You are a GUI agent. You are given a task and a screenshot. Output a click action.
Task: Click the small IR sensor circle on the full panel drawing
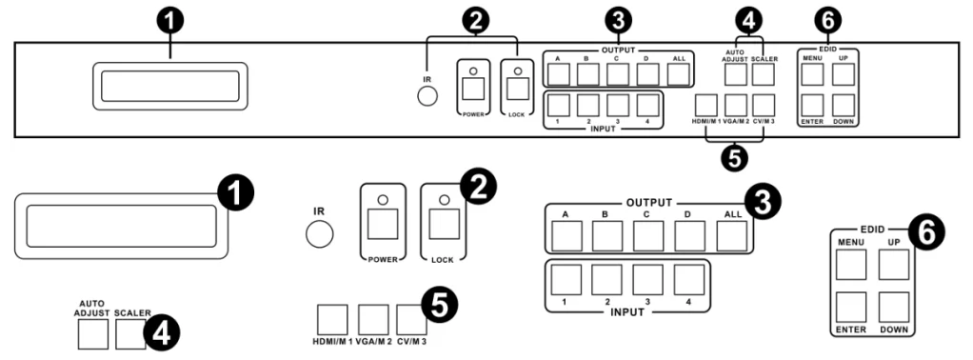[427, 95]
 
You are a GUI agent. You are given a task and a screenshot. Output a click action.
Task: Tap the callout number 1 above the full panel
[171, 22]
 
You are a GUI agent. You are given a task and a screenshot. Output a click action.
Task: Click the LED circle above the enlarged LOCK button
[444, 200]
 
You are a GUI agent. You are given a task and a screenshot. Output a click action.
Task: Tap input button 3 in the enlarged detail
[647, 279]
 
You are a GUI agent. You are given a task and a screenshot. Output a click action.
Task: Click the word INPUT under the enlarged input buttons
[626, 311]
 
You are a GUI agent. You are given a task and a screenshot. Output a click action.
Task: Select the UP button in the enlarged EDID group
[894, 265]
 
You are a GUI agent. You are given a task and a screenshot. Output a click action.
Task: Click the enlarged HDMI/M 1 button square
[332, 320]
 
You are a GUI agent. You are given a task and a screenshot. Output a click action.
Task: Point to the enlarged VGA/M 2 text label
[373, 341]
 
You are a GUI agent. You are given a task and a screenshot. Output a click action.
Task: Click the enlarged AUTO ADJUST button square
[92, 335]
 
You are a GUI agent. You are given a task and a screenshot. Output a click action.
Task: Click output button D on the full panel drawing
[647, 74]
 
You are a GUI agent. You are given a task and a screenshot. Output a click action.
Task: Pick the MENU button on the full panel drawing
[812, 74]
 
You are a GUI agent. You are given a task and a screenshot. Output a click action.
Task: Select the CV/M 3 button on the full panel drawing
[764, 105]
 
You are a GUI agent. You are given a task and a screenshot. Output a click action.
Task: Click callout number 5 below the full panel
[735, 157]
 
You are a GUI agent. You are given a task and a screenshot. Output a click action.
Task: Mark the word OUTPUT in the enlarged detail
[648, 203]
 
